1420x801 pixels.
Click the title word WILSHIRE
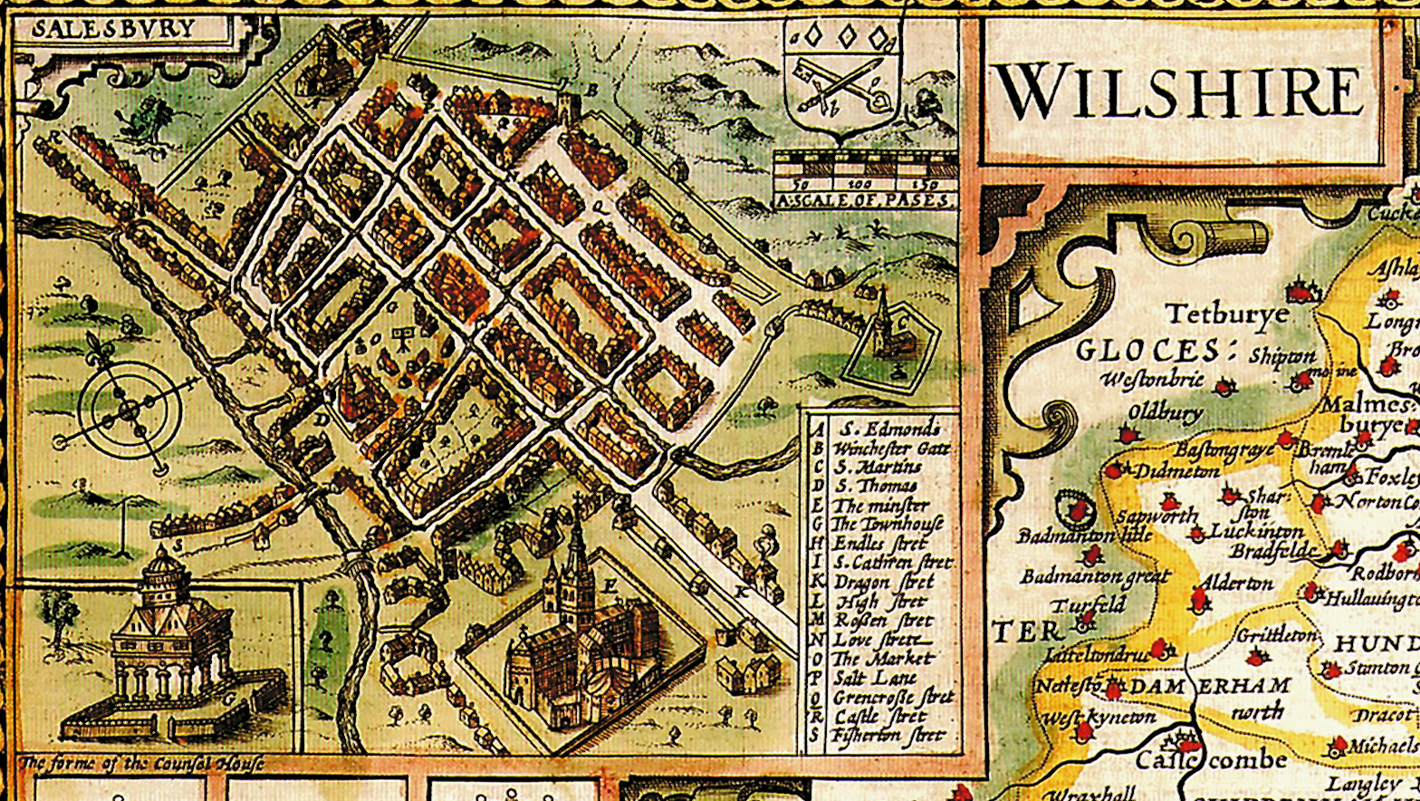pos(1180,91)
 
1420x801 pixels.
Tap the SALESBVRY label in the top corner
pos(113,28)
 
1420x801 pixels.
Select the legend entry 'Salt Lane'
pos(875,677)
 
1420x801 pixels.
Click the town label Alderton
pos(1237,584)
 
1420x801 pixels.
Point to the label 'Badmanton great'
pos(1094,576)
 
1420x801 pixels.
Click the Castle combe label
pos(1211,758)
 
